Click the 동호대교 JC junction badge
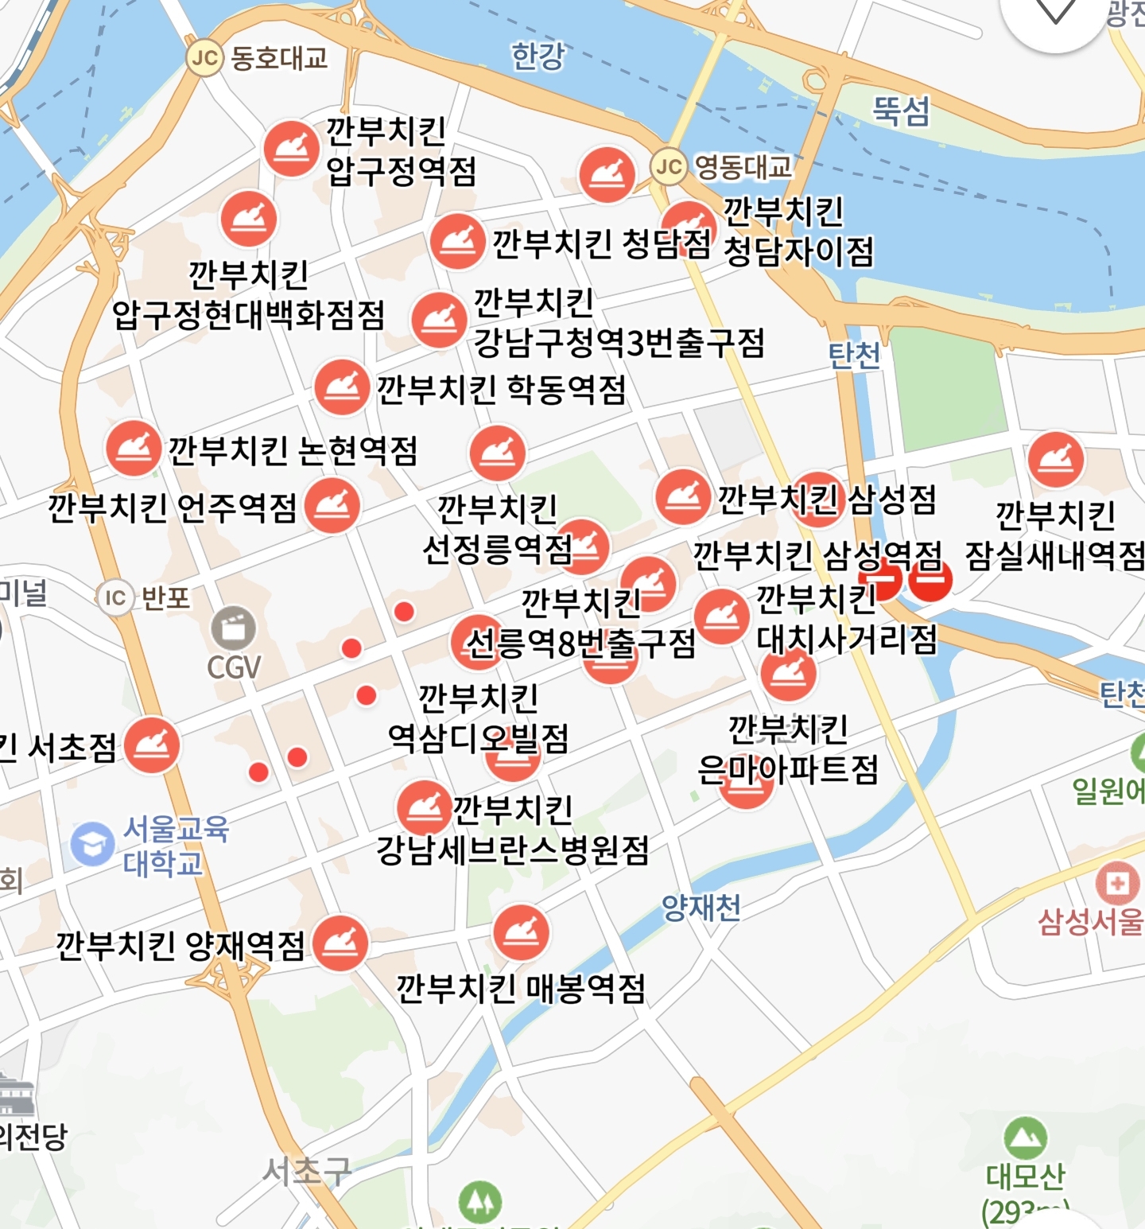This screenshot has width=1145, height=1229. (x=204, y=58)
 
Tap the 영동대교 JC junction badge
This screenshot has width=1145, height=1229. (x=669, y=166)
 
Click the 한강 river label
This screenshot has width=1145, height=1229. (x=538, y=56)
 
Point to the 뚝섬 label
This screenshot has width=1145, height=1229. (x=901, y=110)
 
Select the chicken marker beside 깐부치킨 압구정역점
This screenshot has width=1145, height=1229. (x=292, y=149)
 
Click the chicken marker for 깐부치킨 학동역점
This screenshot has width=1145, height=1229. (x=342, y=387)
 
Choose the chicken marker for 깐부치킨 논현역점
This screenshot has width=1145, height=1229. (x=134, y=449)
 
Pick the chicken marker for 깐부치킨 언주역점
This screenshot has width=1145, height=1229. (x=332, y=506)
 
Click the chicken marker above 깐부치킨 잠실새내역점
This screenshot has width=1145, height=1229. (x=1056, y=460)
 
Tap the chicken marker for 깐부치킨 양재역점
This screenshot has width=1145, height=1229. (x=340, y=943)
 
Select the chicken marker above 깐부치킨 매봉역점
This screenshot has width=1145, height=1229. (x=521, y=932)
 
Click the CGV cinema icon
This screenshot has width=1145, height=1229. (x=233, y=628)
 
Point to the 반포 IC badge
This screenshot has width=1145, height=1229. (x=115, y=597)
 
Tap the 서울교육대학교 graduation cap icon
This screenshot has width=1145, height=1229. (x=93, y=844)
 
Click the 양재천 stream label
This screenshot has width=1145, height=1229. (x=701, y=907)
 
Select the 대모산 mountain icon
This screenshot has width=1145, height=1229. (x=1025, y=1138)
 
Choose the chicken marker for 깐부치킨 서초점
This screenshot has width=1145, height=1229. (x=152, y=745)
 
